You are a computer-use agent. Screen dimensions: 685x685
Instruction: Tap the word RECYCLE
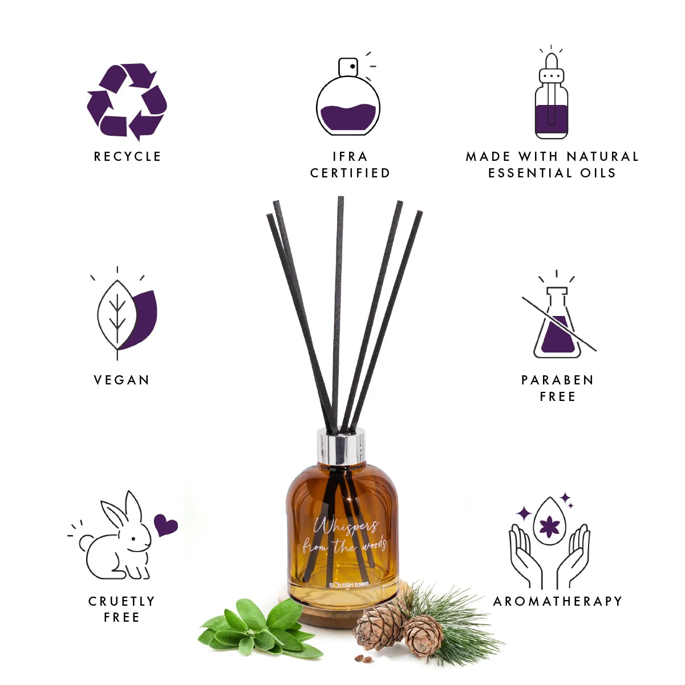(x=128, y=157)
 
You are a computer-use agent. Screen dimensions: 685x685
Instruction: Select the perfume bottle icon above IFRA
(x=348, y=94)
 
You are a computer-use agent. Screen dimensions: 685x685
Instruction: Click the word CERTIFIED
(x=350, y=173)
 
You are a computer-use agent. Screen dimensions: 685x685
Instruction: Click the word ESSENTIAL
(x=530, y=173)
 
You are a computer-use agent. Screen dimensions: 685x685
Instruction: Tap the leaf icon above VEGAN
(x=126, y=313)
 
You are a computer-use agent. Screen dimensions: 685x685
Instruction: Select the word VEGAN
(x=121, y=380)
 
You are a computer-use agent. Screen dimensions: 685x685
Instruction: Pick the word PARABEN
(x=557, y=380)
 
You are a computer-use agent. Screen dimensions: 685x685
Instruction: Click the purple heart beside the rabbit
(x=165, y=525)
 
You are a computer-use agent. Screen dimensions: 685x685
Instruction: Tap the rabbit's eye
(x=133, y=539)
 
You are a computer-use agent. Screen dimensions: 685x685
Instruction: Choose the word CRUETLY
(x=121, y=601)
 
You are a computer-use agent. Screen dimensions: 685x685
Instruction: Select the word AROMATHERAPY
(x=558, y=601)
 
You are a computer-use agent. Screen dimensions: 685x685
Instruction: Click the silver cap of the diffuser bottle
(x=341, y=446)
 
